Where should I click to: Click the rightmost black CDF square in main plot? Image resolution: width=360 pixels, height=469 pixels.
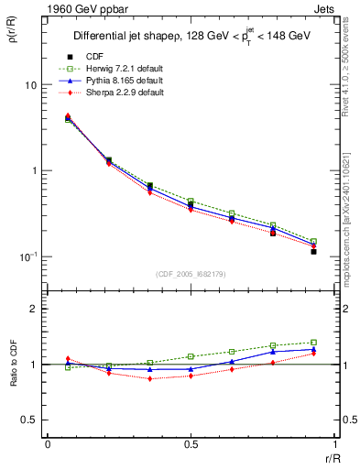[x=313, y=251]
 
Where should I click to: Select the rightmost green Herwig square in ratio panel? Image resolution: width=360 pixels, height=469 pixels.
[x=313, y=343]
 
